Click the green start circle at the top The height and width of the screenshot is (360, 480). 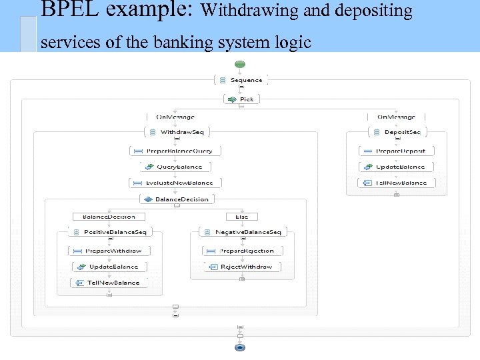click(x=240, y=65)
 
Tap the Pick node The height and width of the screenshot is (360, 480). click(x=241, y=99)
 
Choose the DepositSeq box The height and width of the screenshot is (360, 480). click(x=396, y=132)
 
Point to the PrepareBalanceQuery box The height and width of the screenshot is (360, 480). click(x=176, y=151)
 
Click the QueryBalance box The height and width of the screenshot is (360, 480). click(x=175, y=167)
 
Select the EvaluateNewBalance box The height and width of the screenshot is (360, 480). click(x=175, y=183)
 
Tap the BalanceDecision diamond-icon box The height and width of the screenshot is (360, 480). click(x=176, y=199)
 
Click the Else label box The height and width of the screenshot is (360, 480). click(x=241, y=217)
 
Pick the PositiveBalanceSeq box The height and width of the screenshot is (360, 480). click(x=110, y=232)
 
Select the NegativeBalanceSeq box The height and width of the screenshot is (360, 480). click(x=243, y=232)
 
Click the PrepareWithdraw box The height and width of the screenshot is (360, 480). click(x=109, y=251)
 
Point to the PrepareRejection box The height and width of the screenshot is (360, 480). click(x=243, y=251)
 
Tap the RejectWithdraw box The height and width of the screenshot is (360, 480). click(x=243, y=267)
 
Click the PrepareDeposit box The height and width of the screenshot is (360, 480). click(x=396, y=151)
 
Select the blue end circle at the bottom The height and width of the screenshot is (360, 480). click(x=240, y=347)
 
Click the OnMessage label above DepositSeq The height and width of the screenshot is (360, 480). click(x=396, y=117)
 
